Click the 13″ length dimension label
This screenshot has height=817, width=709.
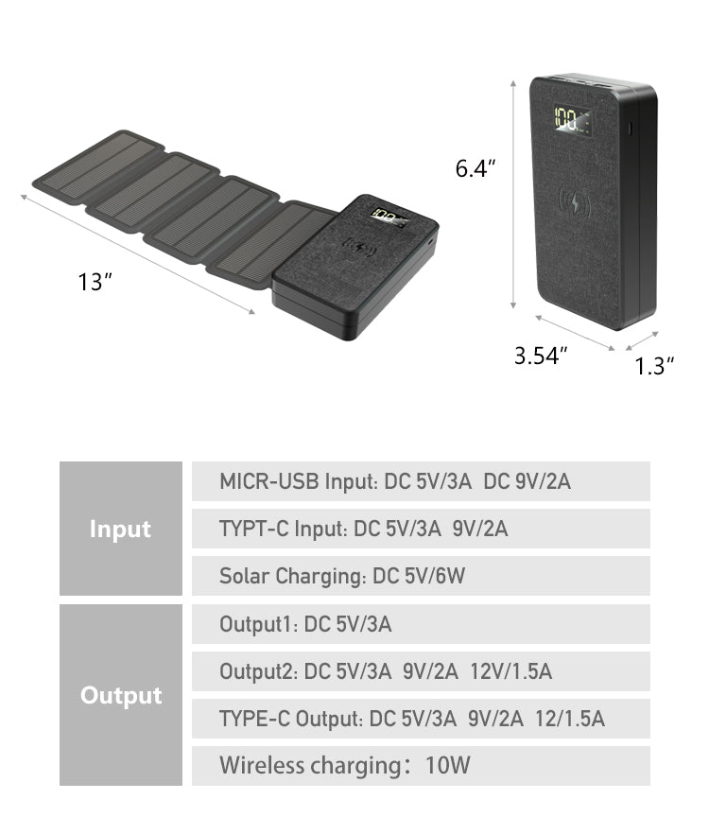coord(95,282)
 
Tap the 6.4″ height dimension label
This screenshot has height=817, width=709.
coord(476,169)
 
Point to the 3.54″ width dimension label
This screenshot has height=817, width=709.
coord(541,356)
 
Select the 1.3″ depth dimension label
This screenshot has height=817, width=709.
coord(654,366)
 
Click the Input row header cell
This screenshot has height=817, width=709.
coord(120,529)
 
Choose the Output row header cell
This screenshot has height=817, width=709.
coord(120,695)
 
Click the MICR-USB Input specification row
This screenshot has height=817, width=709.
coord(421,481)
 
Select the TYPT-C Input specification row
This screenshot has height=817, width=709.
coord(421,529)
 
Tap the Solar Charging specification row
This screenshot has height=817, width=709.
coord(421,576)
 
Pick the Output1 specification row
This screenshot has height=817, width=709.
coord(421,624)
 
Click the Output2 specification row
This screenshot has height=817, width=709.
coord(421,671)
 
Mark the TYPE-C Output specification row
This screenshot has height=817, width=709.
coord(421,719)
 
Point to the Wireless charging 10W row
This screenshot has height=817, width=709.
coord(421,766)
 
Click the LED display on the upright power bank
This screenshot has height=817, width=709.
coord(573,120)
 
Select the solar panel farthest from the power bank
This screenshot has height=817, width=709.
coord(99,166)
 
